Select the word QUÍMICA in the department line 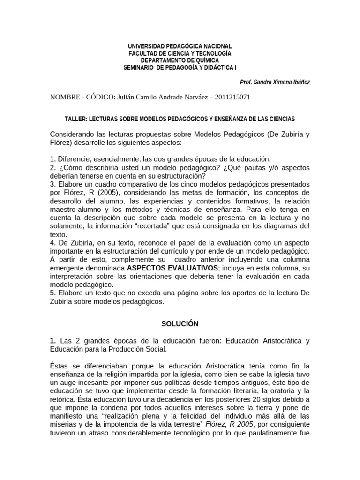[205, 60]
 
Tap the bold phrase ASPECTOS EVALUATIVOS [173, 267]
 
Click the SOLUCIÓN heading [180, 323]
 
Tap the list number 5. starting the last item [53, 293]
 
